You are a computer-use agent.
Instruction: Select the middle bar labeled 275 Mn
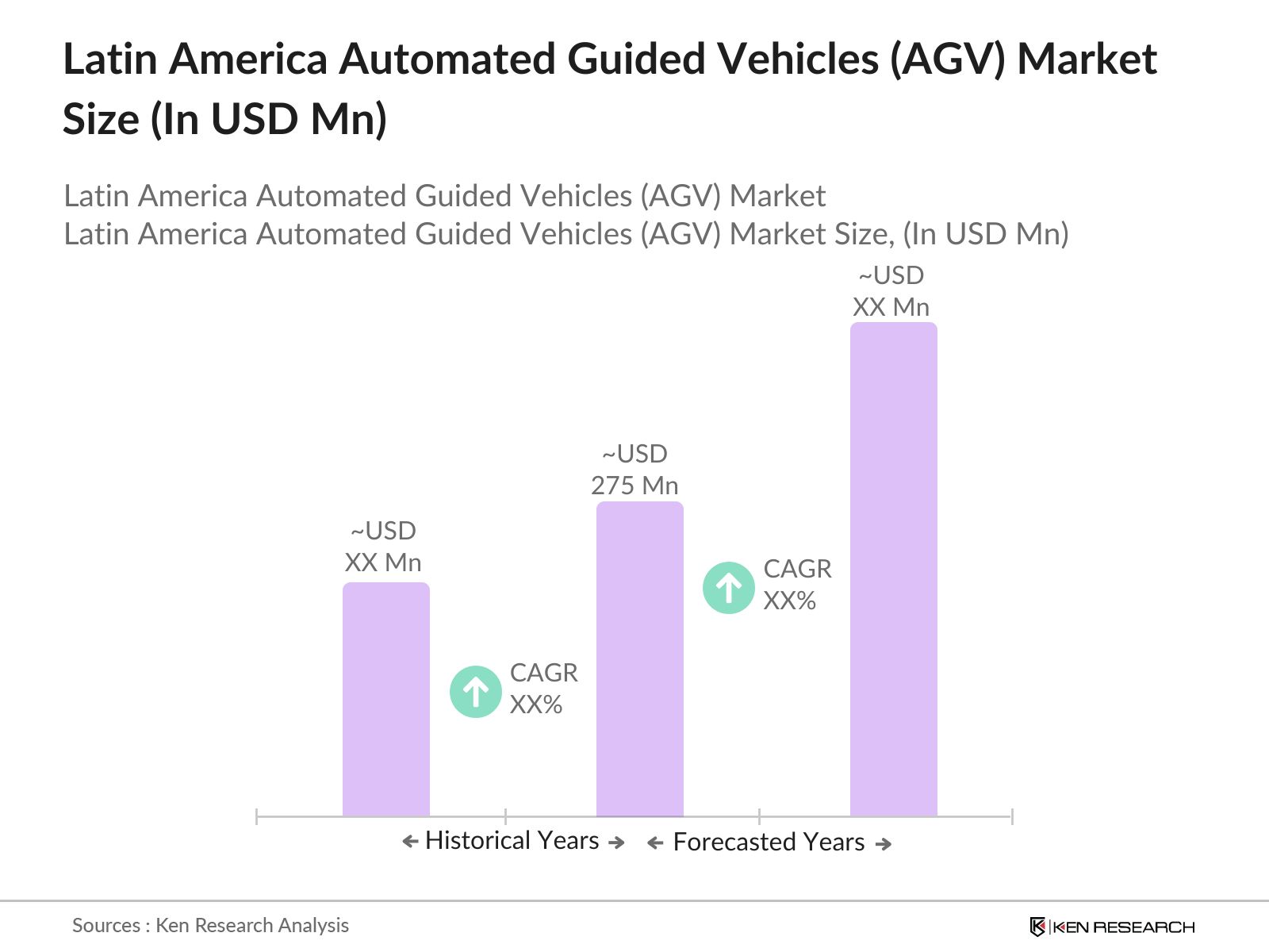pyautogui.click(x=639, y=658)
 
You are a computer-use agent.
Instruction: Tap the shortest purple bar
pyautogui.click(x=385, y=699)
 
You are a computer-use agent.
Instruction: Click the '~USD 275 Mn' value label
pyautogui.click(x=634, y=470)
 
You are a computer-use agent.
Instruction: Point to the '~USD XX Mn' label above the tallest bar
pyautogui.click(x=891, y=291)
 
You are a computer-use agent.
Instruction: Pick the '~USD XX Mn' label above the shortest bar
pyautogui.click(x=383, y=547)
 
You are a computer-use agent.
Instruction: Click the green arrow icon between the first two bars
pyautogui.click(x=476, y=692)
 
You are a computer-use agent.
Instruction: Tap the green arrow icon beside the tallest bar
pyautogui.click(x=728, y=588)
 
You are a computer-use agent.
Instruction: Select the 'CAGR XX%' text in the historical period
pyautogui.click(x=543, y=689)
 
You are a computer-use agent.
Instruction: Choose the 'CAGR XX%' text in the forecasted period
pyautogui.click(x=797, y=585)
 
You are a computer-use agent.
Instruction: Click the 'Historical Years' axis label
pyautogui.click(x=512, y=841)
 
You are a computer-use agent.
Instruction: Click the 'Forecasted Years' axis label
pyautogui.click(x=769, y=843)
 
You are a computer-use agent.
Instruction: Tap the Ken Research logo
pyautogui.click(x=1111, y=927)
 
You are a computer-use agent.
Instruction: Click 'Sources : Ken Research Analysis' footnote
pyautogui.click(x=210, y=925)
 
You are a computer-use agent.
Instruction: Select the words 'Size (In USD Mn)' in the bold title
pyautogui.click(x=224, y=119)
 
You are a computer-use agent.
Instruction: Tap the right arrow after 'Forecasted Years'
pyautogui.click(x=883, y=844)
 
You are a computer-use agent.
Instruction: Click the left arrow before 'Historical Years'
pyautogui.click(x=410, y=842)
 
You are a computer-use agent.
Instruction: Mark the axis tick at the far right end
pyautogui.click(x=1011, y=816)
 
